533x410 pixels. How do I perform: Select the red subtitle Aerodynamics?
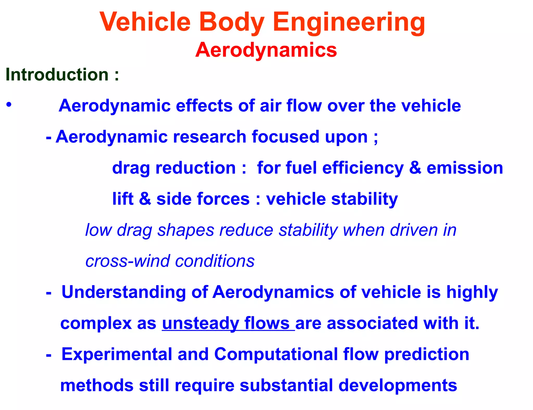coord(266,50)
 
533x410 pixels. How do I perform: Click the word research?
coord(210,137)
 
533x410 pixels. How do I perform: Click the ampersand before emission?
coord(415,168)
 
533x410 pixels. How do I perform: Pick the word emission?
coord(465,168)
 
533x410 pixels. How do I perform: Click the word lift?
coord(123,199)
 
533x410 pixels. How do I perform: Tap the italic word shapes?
coord(186,231)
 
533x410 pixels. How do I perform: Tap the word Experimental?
coord(117,354)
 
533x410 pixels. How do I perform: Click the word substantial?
coord(286,386)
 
